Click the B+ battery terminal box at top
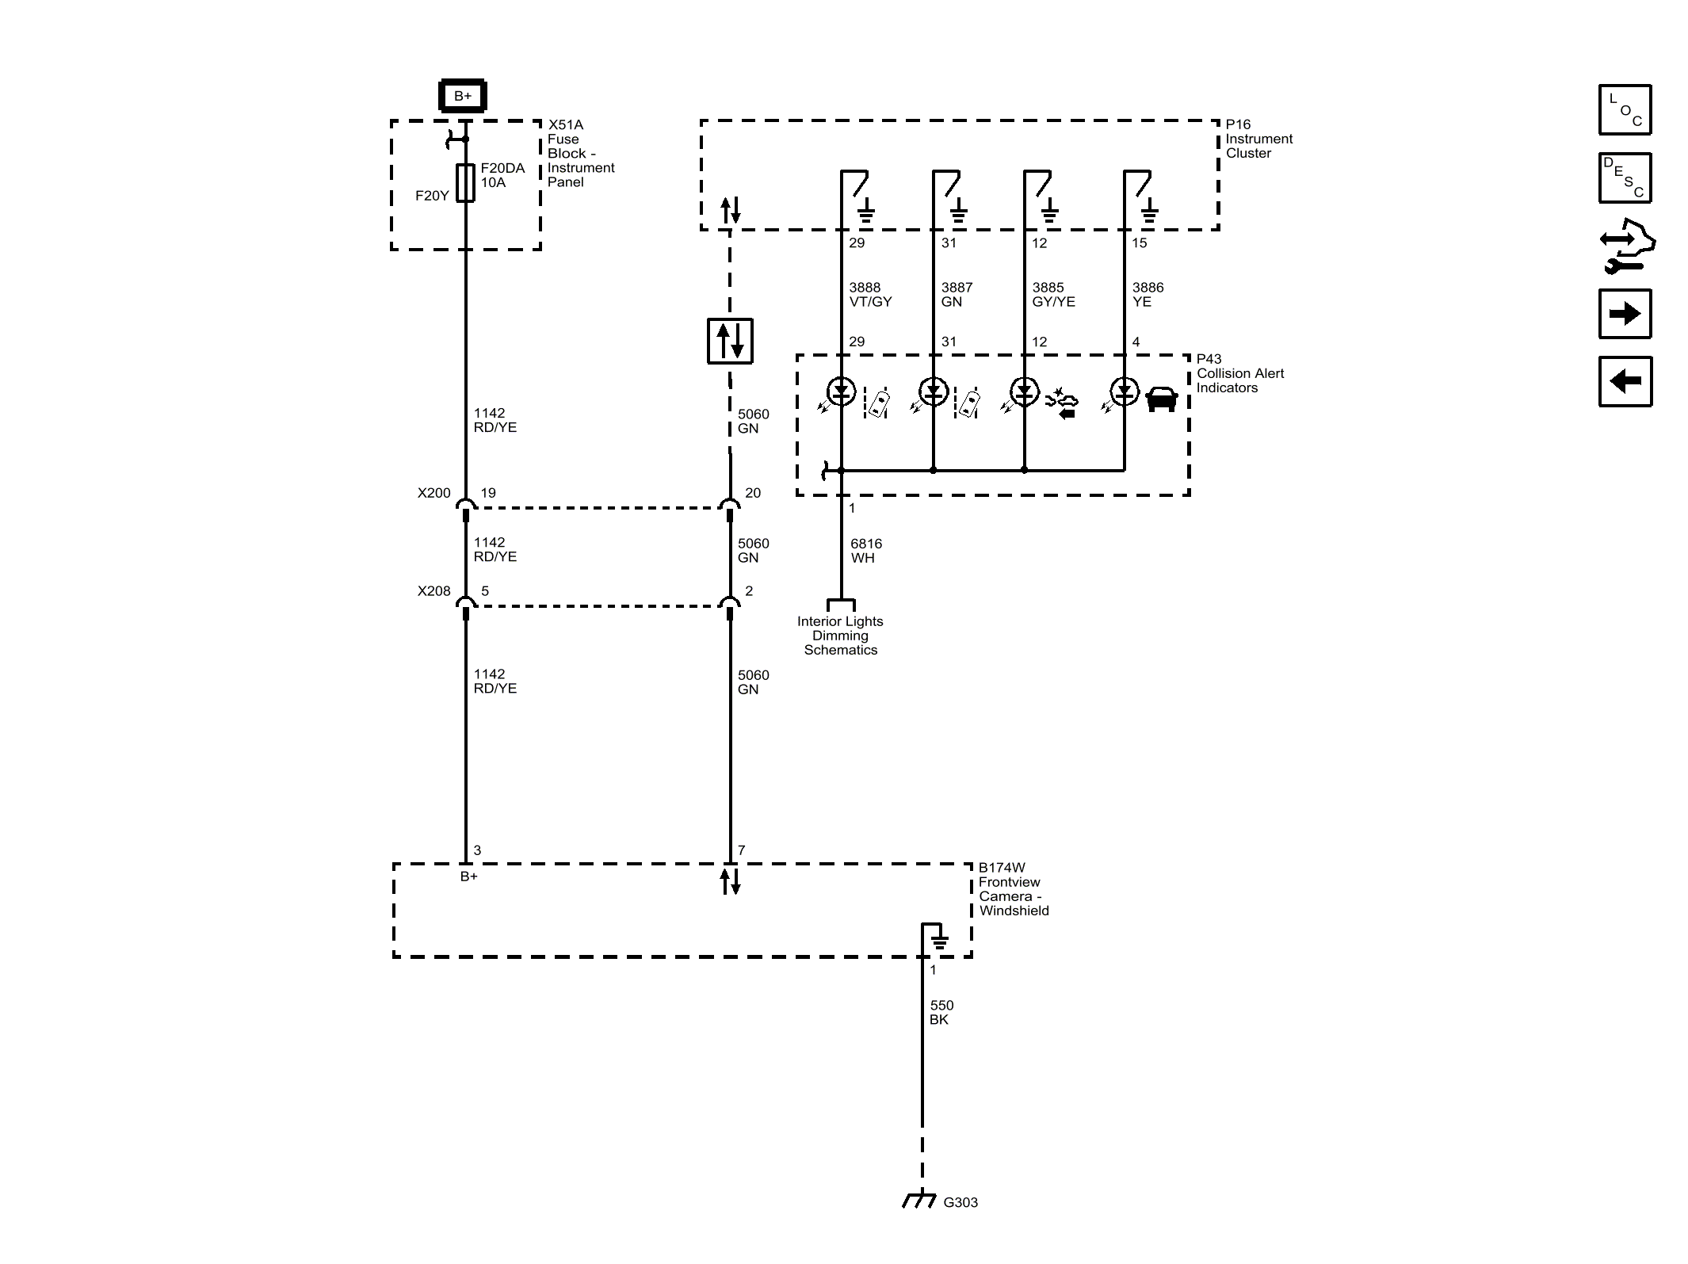[x=462, y=96]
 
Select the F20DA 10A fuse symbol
[x=465, y=183]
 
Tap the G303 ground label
[x=960, y=1202]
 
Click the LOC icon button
[x=1625, y=109]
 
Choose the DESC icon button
[x=1625, y=178]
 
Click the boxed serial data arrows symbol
[x=729, y=341]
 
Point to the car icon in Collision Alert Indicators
[x=1161, y=399]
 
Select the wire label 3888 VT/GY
[x=869, y=294]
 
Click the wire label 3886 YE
[x=1147, y=294]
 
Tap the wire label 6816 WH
[x=865, y=550]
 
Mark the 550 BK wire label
[x=941, y=1012]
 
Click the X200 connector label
[x=433, y=493]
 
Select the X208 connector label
[x=433, y=591]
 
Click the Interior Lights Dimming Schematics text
[x=840, y=636]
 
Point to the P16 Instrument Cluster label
[x=1258, y=139]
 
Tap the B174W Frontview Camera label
[x=1013, y=889]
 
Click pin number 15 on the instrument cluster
[x=1139, y=243]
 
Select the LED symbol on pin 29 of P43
[x=841, y=391]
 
